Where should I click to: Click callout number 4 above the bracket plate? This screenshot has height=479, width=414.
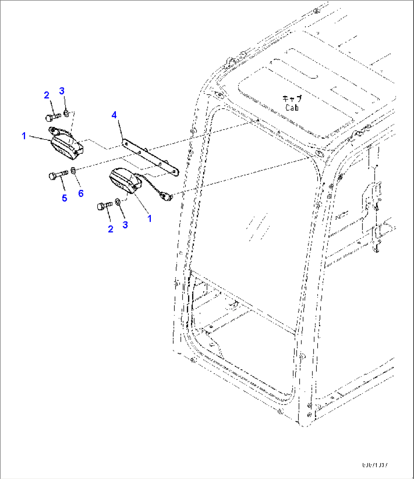click(114, 114)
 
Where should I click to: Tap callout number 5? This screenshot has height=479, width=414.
click(65, 198)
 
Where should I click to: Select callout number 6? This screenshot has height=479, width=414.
click(81, 193)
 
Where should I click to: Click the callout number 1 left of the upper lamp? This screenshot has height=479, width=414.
click(24, 136)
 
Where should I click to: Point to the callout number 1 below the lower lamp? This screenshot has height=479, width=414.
click(150, 218)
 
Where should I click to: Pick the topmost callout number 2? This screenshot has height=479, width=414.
click(47, 95)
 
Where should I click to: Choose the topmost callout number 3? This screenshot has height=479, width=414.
click(62, 91)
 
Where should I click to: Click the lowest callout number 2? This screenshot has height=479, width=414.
click(111, 229)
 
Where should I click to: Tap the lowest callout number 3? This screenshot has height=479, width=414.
click(125, 224)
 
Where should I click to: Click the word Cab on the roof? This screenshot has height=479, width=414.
click(292, 108)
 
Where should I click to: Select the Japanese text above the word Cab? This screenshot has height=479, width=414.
click(292, 99)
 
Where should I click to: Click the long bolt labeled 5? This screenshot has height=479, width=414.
click(57, 175)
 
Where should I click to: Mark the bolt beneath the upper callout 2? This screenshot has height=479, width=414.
click(53, 117)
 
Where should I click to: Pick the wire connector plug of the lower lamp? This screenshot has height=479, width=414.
click(166, 196)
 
